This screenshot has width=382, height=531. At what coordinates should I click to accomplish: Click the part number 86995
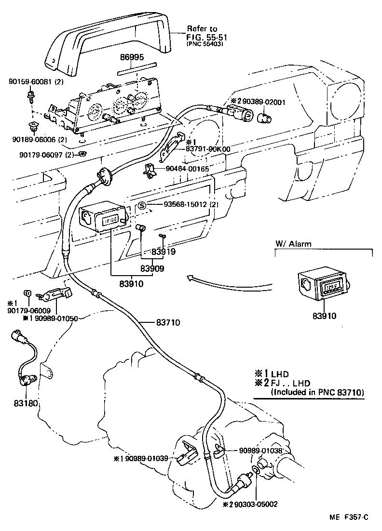[x=132, y=57]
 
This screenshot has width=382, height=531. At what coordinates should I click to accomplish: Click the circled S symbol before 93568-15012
[x=142, y=206]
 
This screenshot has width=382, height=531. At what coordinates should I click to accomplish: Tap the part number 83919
[x=164, y=251]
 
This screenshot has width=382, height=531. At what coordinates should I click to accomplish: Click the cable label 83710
[x=168, y=322]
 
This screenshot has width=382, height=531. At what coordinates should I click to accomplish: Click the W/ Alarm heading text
[x=293, y=244]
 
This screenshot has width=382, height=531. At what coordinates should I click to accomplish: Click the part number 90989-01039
[x=144, y=458]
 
